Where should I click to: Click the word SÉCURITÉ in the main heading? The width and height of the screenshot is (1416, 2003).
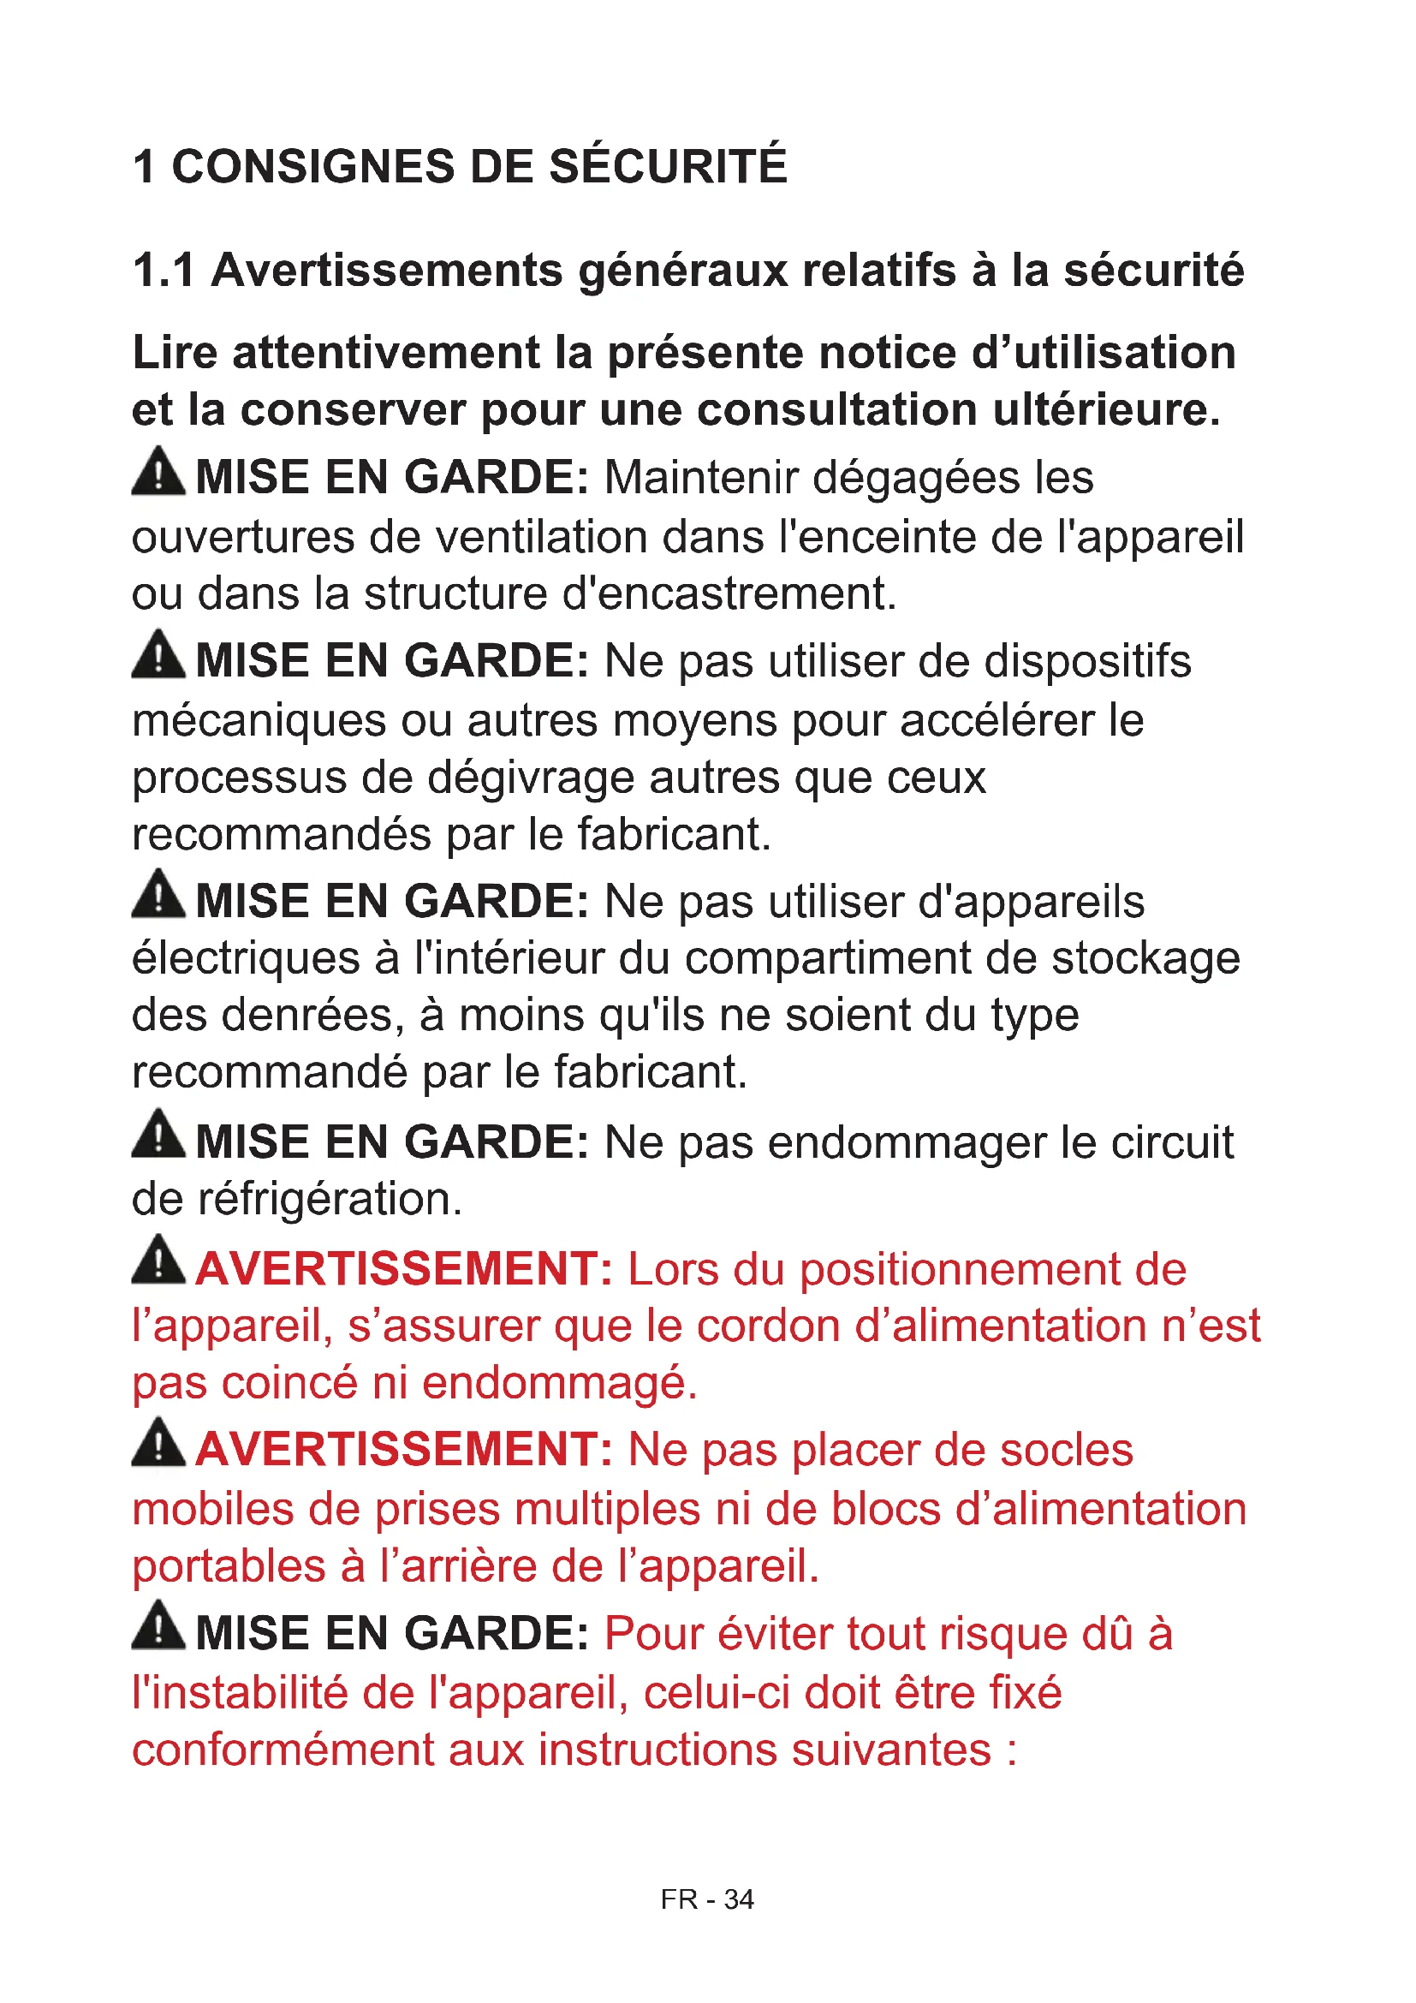coord(667,166)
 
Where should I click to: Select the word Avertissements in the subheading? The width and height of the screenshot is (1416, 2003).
coord(387,270)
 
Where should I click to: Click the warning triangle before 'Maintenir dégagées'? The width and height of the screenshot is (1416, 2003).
coord(158,472)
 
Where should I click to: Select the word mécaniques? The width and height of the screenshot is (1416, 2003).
coord(259,720)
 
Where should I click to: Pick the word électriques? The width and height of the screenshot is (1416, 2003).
coord(246,958)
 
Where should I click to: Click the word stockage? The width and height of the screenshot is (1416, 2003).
coord(1145,958)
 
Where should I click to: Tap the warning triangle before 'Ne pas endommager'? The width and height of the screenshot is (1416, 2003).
coord(158,1135)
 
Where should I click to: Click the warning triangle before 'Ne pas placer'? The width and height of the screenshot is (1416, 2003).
coord(158,1443)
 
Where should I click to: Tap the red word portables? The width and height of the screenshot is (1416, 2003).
coord(229,1566)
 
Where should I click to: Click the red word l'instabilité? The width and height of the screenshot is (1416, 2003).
coord(239,1692)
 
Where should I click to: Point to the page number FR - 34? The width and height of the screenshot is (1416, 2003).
coord(706,1899)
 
